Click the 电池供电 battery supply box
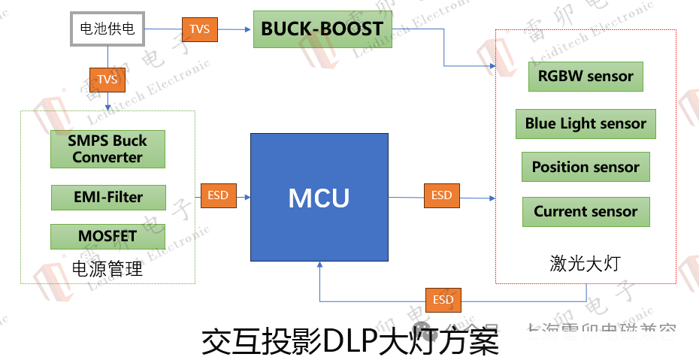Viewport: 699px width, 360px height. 107,29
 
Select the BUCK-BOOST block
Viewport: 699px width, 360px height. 322,30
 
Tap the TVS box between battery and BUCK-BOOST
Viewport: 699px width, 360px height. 199,29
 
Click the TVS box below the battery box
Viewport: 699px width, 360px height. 107,79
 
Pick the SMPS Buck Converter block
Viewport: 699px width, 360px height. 107,149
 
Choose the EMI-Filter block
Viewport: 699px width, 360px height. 107,198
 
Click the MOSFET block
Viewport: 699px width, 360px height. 107,237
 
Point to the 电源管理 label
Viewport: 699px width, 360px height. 107,269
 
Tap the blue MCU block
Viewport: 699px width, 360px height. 319,198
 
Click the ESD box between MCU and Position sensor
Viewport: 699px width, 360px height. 441,195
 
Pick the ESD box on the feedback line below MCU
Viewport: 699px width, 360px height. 443,301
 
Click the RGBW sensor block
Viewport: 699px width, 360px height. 586,77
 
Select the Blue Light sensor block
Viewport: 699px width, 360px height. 586,124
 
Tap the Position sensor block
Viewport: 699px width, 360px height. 586,167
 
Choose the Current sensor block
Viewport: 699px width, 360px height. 586,212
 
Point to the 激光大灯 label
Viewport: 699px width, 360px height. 586,264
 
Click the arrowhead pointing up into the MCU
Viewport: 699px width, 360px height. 320,265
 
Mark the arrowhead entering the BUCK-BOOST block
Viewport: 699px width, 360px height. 249,29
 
